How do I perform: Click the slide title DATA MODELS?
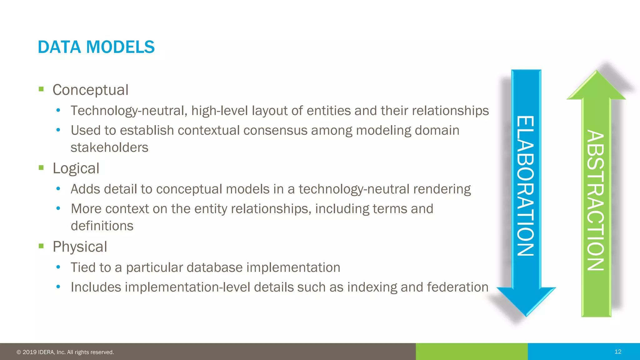[96, 47]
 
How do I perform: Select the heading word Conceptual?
[90, 90]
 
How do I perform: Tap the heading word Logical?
[76, 168]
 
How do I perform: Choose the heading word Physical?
[80, 247]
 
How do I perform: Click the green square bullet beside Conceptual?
[41, 89]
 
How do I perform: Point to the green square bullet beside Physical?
[41, 246]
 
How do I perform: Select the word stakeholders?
[109, 147]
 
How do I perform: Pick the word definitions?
[102, 226]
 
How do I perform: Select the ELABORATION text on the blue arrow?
[525, 186]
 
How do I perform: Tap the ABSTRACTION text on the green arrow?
[596, 200]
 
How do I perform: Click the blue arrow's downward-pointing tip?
[526, 314]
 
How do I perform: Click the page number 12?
[618, 352]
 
